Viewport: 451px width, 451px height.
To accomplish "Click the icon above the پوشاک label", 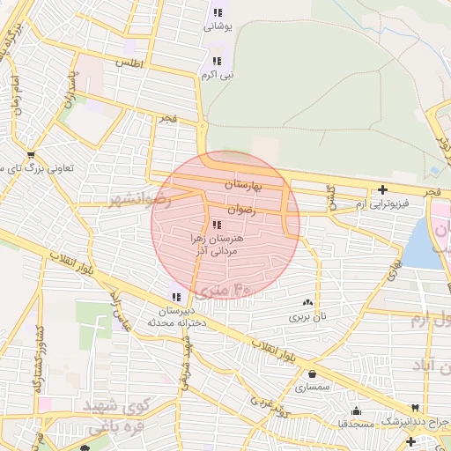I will (x=217, y=12).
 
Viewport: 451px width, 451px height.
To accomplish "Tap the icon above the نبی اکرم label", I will (x=217, y=61).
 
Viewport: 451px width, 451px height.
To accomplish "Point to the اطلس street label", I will (x=128, y=63).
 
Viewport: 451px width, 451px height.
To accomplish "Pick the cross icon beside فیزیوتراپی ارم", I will (x=382, y=189).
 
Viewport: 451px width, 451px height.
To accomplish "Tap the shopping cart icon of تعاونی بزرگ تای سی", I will (x=32, y=154).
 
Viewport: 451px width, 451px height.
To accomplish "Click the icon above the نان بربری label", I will (x=307, y=301).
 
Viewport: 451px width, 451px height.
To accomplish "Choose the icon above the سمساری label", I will (x=313, y=373).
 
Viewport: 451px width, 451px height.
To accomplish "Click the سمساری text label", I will (x=312, y=387).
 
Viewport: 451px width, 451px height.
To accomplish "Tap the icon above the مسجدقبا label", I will (x=356, y=410).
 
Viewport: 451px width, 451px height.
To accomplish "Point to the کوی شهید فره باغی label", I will (x=111, y=415).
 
